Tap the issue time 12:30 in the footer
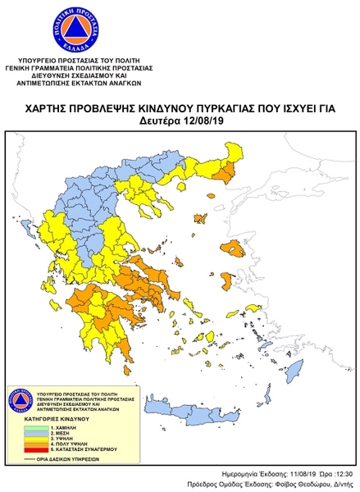(x=343, y=474)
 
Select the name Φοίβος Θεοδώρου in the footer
(x=301, y=484)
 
